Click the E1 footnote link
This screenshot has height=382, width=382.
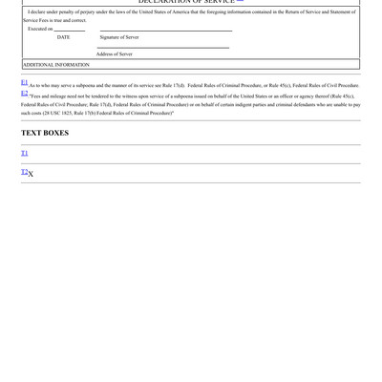pyautogui.click(x=25, y=83)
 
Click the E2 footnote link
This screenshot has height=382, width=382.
pyautogui.click(x=25, y=94)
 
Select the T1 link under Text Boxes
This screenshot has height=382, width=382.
pyautogui.click(x=25, y=153)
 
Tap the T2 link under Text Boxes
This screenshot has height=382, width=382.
pyautogui.click(x=25, y=172)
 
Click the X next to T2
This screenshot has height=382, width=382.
pyautogui.click(x=32, y=174)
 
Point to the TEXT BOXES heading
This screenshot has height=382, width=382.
pyautogui.click(x=45, y=133)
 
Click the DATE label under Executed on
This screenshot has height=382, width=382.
pyautogui.click(x=63, y=37)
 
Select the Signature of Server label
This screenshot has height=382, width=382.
pyautogui.click(x=119, y=37)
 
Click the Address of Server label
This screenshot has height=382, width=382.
pyautogui.click(x=115, y=53)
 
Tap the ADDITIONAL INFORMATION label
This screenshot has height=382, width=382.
pyautogui.click(x=56, y=65)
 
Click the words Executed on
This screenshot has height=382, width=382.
pyautogui.click(x=40, y=29)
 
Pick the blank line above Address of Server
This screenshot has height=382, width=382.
pyautogui.click(x=162, y=48)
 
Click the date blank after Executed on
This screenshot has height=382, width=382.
pyautogui.click(x=70, y=31)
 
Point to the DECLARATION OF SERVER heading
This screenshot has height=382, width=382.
pyautogui.click(x=186, y=2)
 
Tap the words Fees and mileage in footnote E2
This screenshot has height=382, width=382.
pyautogui.click(x=49, y=96)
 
